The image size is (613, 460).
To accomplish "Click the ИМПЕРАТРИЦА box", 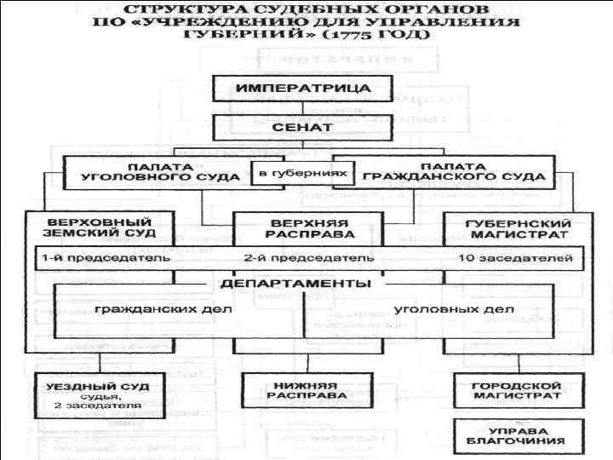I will point(302,89).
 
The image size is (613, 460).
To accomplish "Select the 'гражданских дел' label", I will point(163,308).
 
